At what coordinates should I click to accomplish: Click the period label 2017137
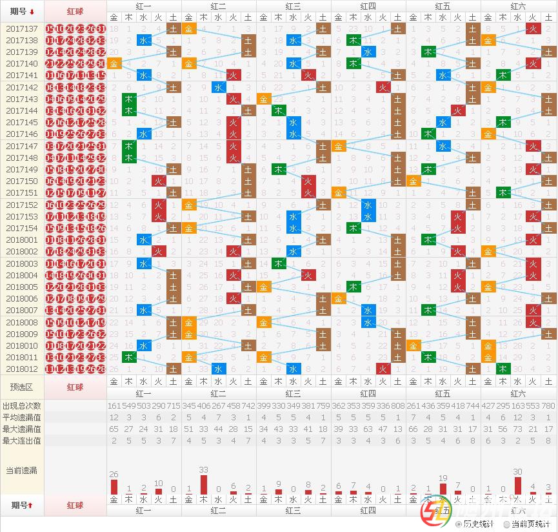coord(22,28)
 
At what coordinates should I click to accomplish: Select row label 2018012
coord(22,369)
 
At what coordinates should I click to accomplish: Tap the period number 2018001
coord(22,240)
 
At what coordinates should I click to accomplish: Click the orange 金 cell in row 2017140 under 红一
coord(114,63)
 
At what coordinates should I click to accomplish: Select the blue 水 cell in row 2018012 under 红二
coord(219,369)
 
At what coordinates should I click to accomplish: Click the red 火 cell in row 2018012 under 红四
coord(383,369)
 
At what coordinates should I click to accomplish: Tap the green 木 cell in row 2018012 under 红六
coord(503,369)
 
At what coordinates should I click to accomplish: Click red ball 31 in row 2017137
coord(101,28)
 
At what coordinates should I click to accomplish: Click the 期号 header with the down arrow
coord(22,12)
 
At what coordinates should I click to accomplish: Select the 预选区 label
coord(22,387)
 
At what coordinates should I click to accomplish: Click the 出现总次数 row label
coord(22,405)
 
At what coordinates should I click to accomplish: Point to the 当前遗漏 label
coord(22,470)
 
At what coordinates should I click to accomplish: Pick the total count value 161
coord(114,405)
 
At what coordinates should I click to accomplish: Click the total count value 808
coord(398,405)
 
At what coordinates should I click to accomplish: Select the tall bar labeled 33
coord(204,484)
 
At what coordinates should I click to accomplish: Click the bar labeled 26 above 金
coord(114,486)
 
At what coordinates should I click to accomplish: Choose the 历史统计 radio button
coord(459,524)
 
